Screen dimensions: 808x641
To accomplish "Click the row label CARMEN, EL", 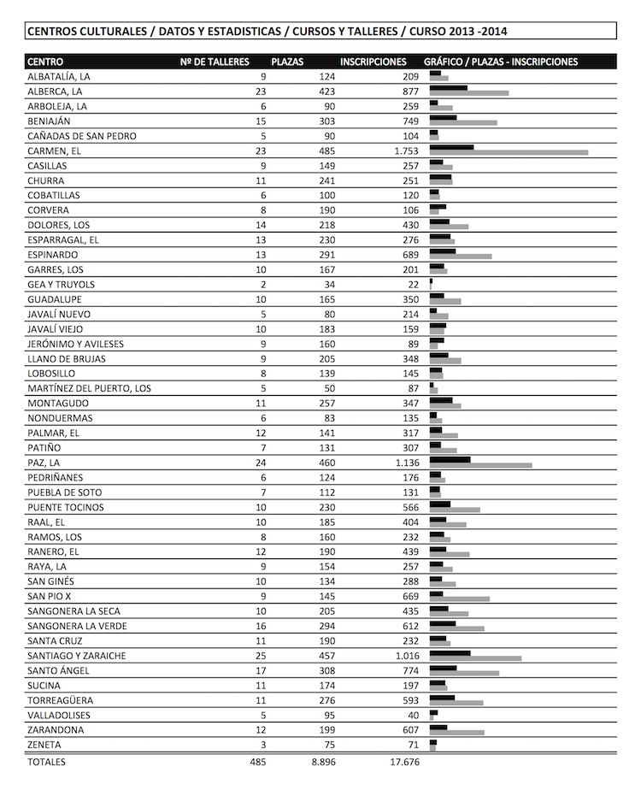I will coord(53,151).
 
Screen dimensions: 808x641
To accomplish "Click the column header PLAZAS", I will coord(287,62).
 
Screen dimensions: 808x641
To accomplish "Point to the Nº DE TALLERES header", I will coord(215,62).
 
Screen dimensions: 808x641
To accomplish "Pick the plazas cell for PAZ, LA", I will coord(326,463).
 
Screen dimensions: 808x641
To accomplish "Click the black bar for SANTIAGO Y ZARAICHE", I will coord(450,653).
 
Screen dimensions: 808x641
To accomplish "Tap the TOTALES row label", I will coord(46,761).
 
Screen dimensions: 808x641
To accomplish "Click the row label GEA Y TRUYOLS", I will coord(61,285).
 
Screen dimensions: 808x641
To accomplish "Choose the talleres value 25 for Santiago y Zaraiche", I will coord(261,656).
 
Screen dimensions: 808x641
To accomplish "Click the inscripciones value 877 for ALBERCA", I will coord(407,91).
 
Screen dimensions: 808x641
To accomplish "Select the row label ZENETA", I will coord(44,746).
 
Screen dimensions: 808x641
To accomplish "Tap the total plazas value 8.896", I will coord(322,761).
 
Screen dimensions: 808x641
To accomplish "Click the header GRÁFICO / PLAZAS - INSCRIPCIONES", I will coord(501,62).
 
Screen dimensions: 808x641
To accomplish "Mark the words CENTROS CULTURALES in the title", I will coord(79,32).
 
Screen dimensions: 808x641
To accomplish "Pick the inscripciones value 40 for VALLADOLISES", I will coord(414,716).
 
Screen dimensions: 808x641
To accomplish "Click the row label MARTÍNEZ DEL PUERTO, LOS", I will coord(89,389).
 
